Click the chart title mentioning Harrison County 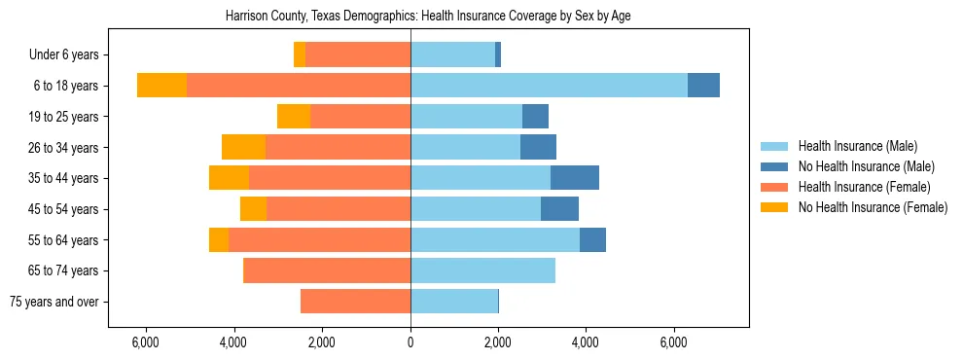point(428,17)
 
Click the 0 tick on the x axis point(410,342)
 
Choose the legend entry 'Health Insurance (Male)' point(857,147)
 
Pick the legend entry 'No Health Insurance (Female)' point(873,207)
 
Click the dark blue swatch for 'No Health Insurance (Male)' point(774,167)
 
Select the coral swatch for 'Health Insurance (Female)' point(774,187)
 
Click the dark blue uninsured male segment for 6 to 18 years point(703,86)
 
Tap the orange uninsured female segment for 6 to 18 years point(161,86)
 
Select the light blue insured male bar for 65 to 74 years point(482,270)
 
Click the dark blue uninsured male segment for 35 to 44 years point(575,178)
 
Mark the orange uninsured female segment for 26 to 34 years point(243,147)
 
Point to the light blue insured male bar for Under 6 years point(452,55)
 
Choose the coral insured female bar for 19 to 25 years point(360,117)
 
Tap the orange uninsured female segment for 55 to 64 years point(219,239)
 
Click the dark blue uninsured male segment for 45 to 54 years point(559,209)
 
